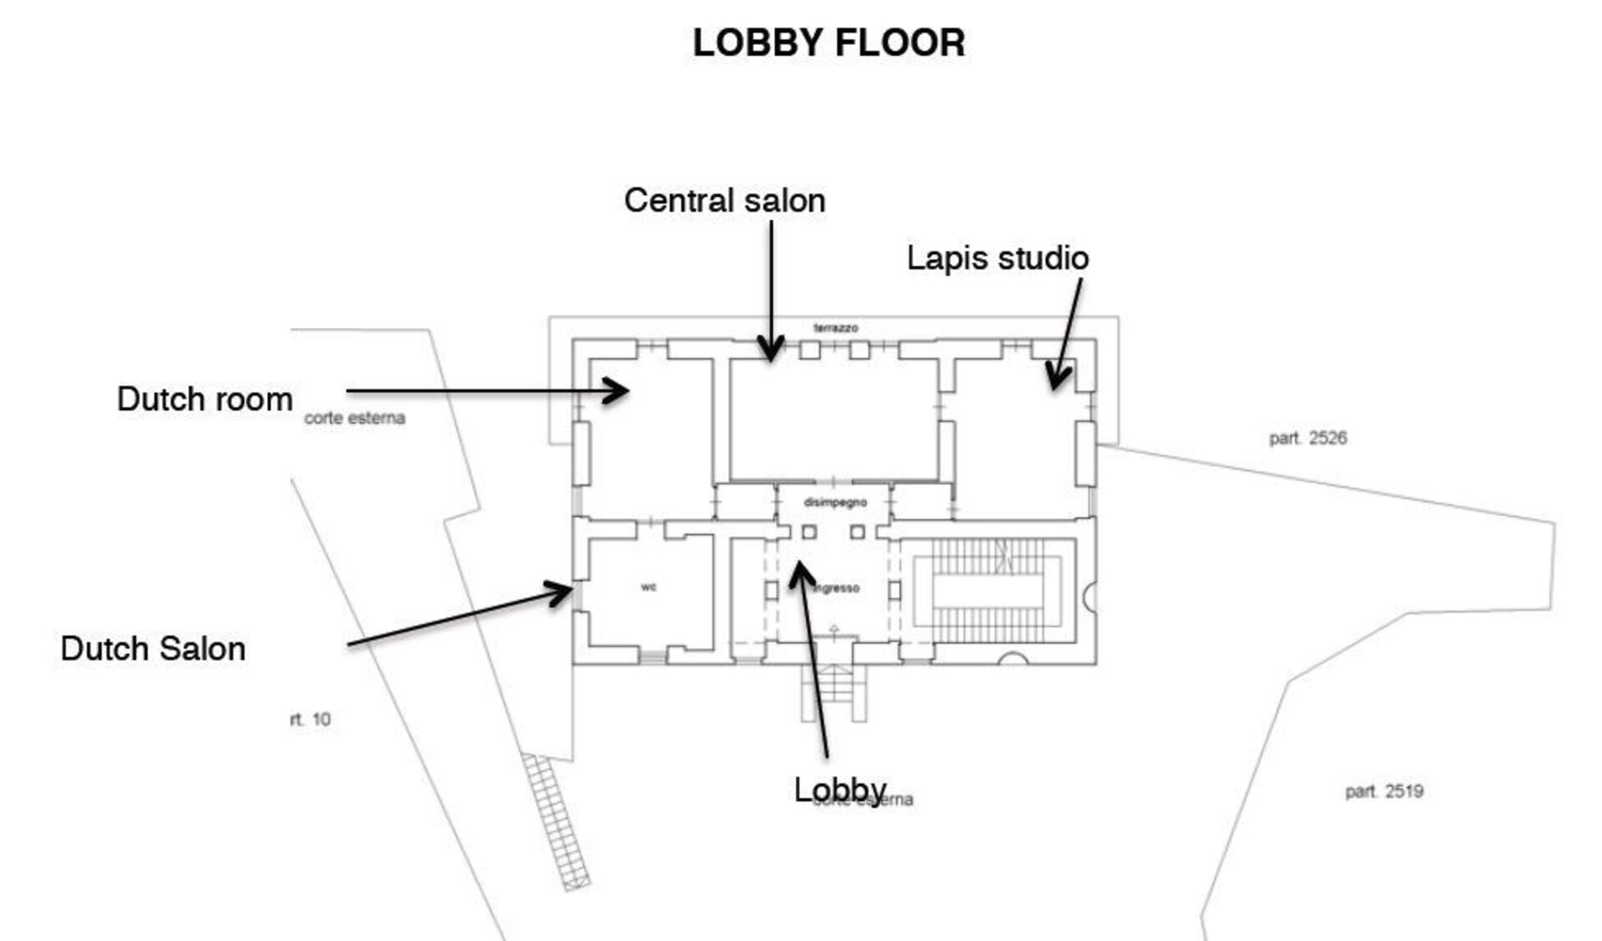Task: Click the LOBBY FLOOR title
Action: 829,43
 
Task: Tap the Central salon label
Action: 724,201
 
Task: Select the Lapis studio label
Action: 997,258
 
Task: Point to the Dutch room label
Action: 204,399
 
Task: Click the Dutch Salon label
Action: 153,649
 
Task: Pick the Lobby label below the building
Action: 839,789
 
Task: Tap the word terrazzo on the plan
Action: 835,328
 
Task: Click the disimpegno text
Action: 834,503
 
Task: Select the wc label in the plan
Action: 648,587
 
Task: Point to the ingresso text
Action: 837,589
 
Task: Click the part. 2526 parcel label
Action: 1307,438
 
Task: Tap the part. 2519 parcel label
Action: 1383,792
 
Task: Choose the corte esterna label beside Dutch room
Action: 355,418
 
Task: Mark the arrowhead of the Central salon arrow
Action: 771,357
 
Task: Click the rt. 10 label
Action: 310,719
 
